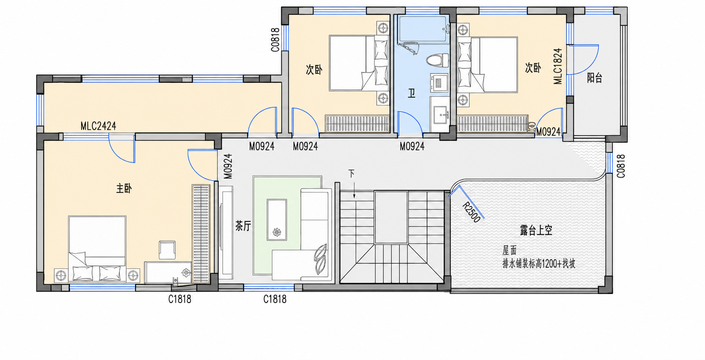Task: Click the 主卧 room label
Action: (124, 188)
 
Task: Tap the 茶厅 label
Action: (243, 226)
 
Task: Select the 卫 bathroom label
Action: (411, 94)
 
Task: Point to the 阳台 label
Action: (595, 78)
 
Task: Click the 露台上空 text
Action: (536, 230)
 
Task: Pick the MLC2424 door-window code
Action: (98, 126)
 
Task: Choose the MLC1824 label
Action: (558, 66)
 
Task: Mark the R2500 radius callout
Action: (471, 212)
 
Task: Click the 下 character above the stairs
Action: (351, 174)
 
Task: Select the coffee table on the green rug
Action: (277, 220)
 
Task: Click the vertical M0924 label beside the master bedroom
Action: (227, 166)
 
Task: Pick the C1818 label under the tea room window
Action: (275, 299)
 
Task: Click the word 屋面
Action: (509, 251)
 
